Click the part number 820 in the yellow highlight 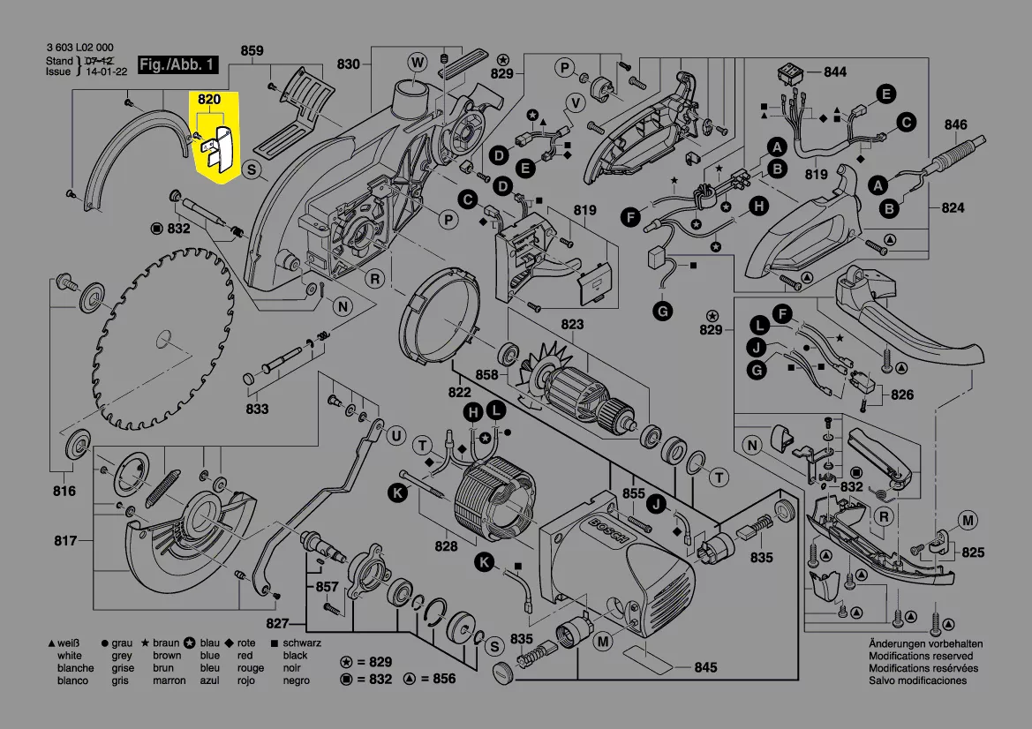[x=209, y=100]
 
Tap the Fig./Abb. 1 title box [x=177, y=65]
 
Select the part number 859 [x=252, y=51]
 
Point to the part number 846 [x=956, y=124]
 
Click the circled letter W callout [x=417, y=61]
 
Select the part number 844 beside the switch [x=834, y=71]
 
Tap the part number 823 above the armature [x=572, y=325]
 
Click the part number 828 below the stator [x=446, y=546]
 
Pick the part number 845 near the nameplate [x=705, y=667]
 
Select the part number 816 [x=64, y=491]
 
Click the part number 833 [x=257, y=410]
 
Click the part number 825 [x=973, y=552]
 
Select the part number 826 [x=902, y=395]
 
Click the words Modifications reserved [x=921, y=656]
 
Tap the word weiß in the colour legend [x=70, y=643]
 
